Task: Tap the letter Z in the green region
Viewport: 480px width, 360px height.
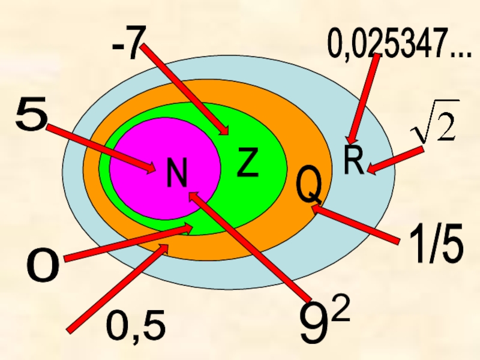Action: point(248,163)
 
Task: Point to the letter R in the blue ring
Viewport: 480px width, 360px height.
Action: point(353,159)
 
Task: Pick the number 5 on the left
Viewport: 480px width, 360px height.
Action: point(32,116)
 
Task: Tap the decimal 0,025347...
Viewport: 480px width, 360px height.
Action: point(398,44)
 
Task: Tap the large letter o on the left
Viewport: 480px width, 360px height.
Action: point(42,266)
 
